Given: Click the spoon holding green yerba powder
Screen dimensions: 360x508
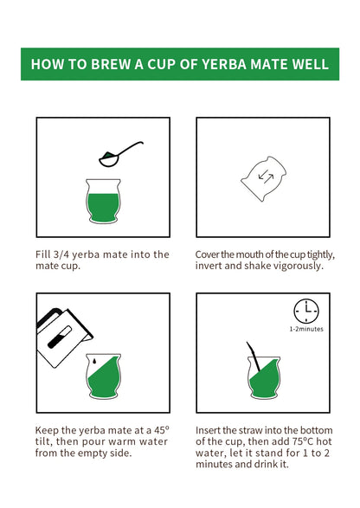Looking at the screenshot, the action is [120, 154].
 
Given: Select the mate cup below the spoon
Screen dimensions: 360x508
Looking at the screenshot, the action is [103, 201].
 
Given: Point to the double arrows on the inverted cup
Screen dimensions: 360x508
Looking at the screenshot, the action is [266, 177].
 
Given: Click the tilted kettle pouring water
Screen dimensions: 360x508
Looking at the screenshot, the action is [63, 338].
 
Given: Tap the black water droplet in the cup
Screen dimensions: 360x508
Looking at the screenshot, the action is [94, 361].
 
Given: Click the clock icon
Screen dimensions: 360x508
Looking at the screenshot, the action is [306, 311].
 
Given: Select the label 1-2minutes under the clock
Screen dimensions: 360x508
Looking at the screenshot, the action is [306, 329].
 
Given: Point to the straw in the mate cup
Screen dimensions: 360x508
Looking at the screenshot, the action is [253, 357].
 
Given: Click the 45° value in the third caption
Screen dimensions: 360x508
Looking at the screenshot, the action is [161, 430].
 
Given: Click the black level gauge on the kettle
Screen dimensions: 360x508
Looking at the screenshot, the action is [60, 338].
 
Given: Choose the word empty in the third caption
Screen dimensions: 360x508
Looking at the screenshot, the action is [93, 453].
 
